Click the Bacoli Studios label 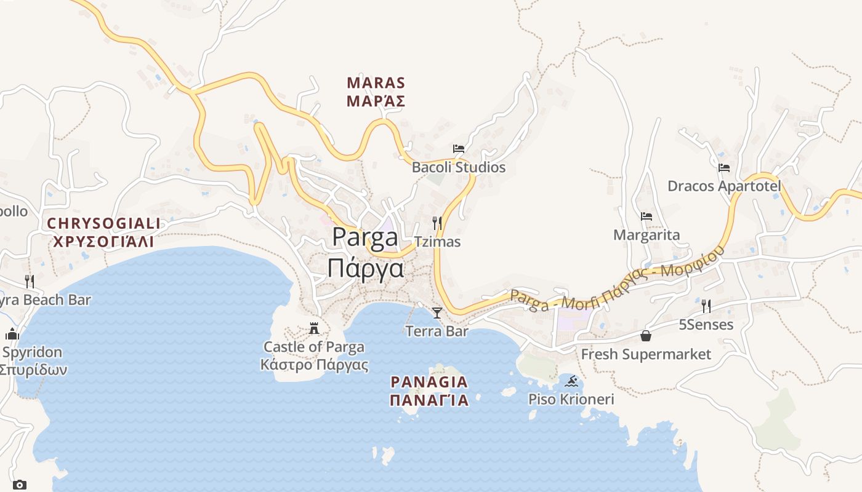coord(458,167)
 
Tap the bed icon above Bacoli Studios coord(458,148)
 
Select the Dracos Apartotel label coord(724,186)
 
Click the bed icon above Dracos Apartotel coord(724,167)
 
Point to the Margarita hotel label coord(647,235)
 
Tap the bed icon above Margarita coord(647,216)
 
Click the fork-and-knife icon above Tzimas coord(437,223)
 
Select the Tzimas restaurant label coord(437,242)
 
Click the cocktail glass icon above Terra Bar coord(437,313)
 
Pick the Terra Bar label coord(437,331)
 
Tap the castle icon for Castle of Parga coord(314,328)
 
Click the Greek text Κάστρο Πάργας coord(314,365)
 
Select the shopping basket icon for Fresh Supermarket coord(646,336)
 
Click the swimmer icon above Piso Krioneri coord(572,381)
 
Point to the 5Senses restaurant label coord(706,325)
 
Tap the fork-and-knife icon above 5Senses coord(706,306)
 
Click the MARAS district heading coord(376,83)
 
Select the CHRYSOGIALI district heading coord(103,223)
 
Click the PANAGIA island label coord(429,383)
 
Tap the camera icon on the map coord(20,485)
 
